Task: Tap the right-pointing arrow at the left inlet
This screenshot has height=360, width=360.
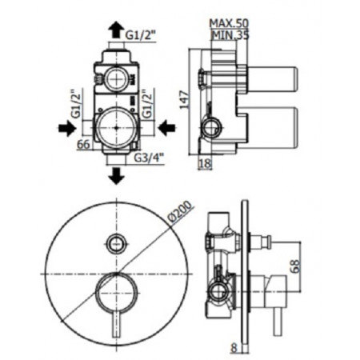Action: click(64, 126)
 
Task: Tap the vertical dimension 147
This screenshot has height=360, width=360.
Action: click(184, 100)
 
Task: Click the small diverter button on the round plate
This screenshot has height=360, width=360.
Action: click(117, 241)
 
